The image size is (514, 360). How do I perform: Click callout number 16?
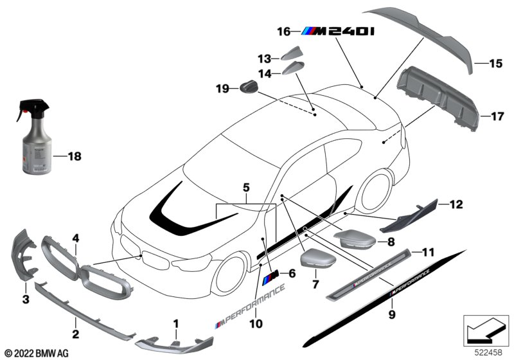[283, 30]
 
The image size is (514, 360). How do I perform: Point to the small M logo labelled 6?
[270, 277]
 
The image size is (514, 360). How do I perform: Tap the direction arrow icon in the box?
[481, 330]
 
